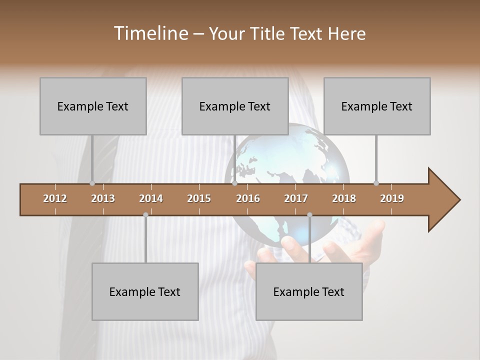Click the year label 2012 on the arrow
click(x=55, y=198)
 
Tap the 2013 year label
click(x=103, y=198)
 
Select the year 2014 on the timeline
click(x=151, y=198)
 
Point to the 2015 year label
click(x=199, y=198)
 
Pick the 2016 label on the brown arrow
click(x=248, y=198)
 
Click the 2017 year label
click(x=296, y=198)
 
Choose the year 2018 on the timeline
click(x=344, y=198)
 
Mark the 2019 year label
click(x=392, y=198)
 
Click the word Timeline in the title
click(x=150, y=33)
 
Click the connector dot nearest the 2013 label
click(x=92, y=183)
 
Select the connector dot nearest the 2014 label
click(x=145, y=214)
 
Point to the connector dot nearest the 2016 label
click(x=234, y=183)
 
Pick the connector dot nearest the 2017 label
click(x=309, y=214)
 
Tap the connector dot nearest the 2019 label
click(x=376, y=183)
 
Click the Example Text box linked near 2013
click(x=93, y=106)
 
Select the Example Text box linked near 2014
click(x=145, y=291)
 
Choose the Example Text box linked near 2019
click(x=377, y=106)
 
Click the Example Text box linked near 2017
click(x=309, y=291)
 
